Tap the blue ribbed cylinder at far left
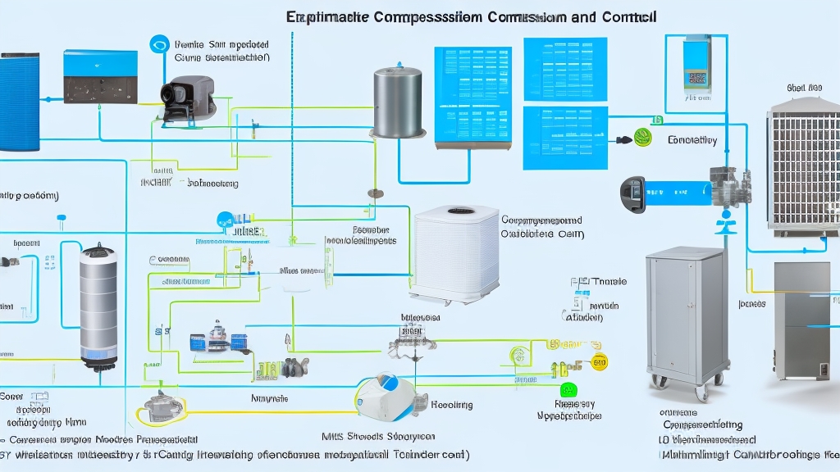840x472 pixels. pos(20,102)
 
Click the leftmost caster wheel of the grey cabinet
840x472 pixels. pos(656,382)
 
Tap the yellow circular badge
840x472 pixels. pos(599,362)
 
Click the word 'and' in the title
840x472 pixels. pos(571,16)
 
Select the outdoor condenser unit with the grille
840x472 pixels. pos(803,169)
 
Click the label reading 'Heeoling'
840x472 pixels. pos(452,405)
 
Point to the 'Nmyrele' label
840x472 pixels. pos(268,398)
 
